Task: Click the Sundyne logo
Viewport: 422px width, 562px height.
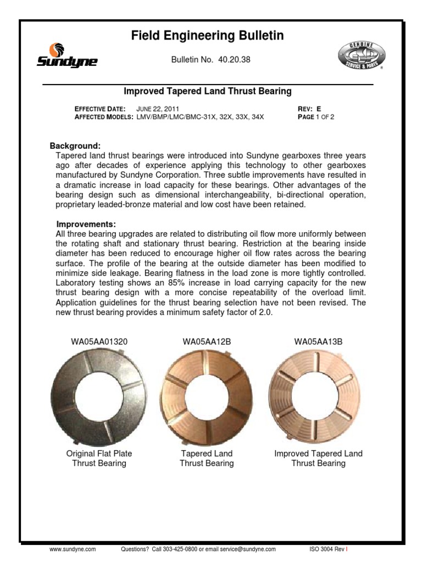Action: pyautogui.click(x=66, y=55)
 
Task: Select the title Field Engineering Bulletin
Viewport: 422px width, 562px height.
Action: pyautogui.click(x=208, y=36)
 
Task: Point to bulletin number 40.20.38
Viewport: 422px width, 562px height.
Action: pyautogui.click(x=234, y=59)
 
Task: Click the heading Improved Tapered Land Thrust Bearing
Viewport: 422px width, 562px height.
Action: pyautogui.click(x=207, y=91)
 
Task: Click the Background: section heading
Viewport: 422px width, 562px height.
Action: pyautogui.click(x=75, y=146)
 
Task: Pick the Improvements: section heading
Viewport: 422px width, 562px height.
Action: pyautogui.click(x=86, y=224)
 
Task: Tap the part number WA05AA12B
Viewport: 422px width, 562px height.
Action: pyautogui.click(x=207, y=341)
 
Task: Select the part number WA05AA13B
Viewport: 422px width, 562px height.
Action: pyautogui.click(x=318, y=341)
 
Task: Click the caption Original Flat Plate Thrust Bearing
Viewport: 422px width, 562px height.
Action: pyautogui.click(x=99, y=458)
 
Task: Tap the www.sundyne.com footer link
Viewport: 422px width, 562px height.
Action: pyautogui.click(x=73, y=549)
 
